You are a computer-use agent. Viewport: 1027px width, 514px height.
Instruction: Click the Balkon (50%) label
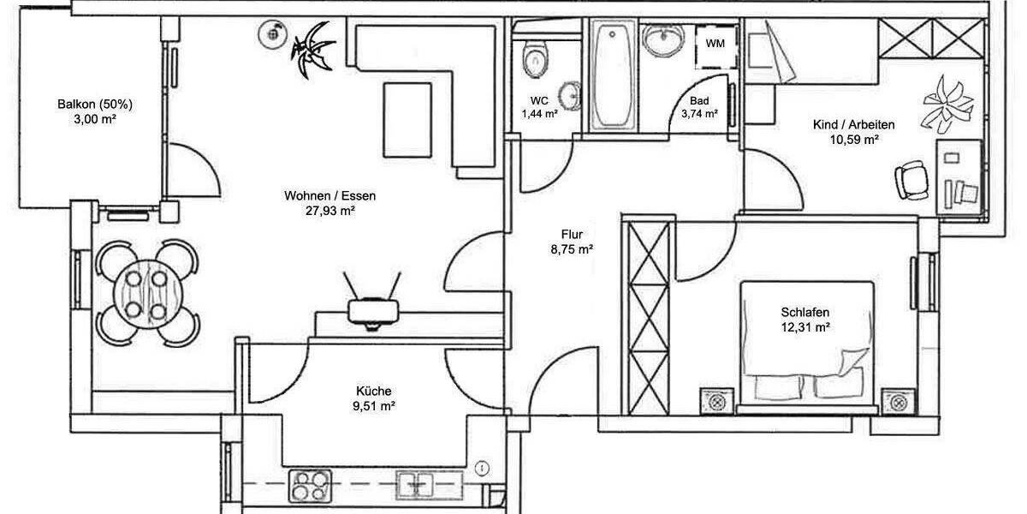[x=95, y=105]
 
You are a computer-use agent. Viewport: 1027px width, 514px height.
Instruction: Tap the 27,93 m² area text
[x=329, y=211]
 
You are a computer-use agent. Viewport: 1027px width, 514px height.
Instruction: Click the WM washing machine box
[x=715, y=42]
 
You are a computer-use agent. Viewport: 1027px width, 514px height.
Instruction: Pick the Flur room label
[x=573, y=234]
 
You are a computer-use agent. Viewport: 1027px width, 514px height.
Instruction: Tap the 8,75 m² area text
[x=573, y=249]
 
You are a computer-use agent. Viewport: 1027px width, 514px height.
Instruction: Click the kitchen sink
[x=418, y=486]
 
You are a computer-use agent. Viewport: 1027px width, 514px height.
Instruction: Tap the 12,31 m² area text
[x=805, y=327]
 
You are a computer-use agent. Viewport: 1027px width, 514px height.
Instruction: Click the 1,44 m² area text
[x=539, y=113]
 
